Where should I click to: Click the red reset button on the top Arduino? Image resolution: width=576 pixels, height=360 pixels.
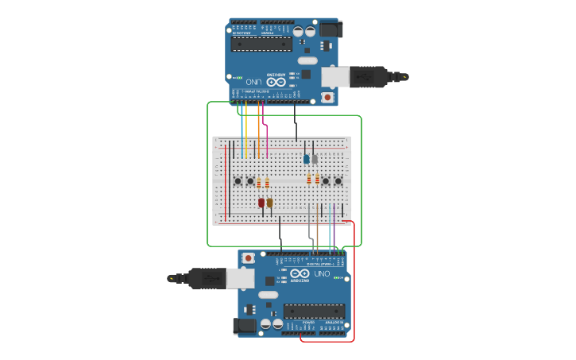pyautogui.click(x=327, y=97)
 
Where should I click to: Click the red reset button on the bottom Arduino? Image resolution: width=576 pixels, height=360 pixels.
pyautogui.click(x=249, y=257)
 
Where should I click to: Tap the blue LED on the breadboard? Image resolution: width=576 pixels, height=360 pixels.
pyautogui.click(x=306, y=159)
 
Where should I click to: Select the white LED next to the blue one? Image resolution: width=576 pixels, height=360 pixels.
pyautogui.click(x=315, y=159)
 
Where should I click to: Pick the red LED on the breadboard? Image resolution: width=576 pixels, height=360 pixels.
pyautogui.click(x=261, y=203)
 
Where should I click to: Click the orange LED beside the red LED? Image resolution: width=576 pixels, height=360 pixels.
pyautogui.click(x=270, y=203)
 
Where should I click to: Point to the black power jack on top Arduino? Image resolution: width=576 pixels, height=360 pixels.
pyautogui.click(x=331, y=29)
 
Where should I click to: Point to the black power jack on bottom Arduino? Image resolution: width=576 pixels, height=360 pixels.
pyautogui.click(x=244, y=326)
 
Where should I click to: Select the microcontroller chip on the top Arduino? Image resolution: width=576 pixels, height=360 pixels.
pyautogui.click(x=261, y=43)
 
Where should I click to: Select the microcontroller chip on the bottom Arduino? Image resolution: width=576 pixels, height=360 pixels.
pyautogui.click(x=314, y=312)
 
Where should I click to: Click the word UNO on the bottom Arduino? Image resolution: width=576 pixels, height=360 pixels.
pyautogui.click(x=323, y=273)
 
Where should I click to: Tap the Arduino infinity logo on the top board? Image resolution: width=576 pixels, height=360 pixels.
pyautogui.click(x=275, y=82)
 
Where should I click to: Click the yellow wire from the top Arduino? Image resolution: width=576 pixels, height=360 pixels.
pyautogui.click(x=246, y=127)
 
